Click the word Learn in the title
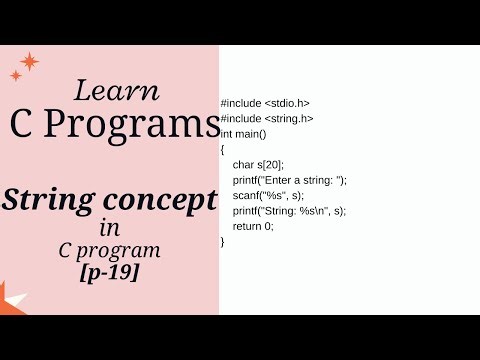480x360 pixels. pos(116,90)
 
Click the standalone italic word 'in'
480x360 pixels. pos(109,229)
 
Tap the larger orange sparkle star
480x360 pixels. pos(30,62)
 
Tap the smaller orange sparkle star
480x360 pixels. pos(16,76)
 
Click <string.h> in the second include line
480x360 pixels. pos(289,118)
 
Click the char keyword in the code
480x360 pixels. pos(242,163)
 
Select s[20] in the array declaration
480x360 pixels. pos(270,163)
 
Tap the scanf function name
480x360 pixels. pos(246,195)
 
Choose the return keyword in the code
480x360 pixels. pos(247,226)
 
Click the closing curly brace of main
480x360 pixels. pos(223,241)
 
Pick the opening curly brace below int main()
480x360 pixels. pos(223,148)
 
